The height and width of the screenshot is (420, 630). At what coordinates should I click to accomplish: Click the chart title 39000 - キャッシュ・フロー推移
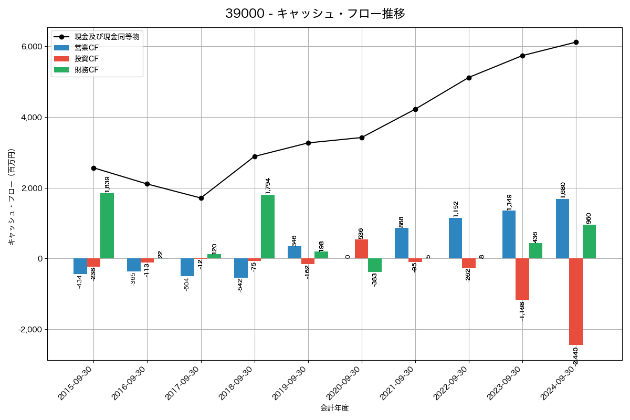[x=315, y=14]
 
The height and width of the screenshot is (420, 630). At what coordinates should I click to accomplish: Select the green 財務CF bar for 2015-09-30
[x=107, y=226]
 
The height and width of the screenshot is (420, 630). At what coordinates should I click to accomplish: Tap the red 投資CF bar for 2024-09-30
[x=576, y=301]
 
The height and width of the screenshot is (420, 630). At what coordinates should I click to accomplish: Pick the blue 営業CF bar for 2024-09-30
[x=562, y=229]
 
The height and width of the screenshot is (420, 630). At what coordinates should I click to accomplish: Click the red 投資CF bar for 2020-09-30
[x=362, y=249]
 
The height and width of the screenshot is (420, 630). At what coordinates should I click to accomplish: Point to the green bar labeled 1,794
[x=268, y=227]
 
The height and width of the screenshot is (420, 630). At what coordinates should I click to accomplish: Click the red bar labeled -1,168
[x=522, y=279]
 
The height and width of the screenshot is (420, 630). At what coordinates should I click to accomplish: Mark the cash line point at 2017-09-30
[x=201, y=198]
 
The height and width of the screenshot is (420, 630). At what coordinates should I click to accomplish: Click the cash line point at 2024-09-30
[x=576, y=42]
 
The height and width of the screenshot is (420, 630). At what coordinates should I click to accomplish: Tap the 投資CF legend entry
[x=87, y=58]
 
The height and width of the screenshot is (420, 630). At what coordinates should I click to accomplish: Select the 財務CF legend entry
[x=87, y=69]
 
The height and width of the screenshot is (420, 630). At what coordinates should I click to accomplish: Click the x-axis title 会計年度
[x=334, y=408]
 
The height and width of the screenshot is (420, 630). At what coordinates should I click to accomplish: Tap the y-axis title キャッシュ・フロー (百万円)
[x=12, y=197]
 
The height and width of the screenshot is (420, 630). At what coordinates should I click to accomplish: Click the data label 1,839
[x=108, y=184]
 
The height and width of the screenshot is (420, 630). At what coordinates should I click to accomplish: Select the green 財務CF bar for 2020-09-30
[x=375, y=265]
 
